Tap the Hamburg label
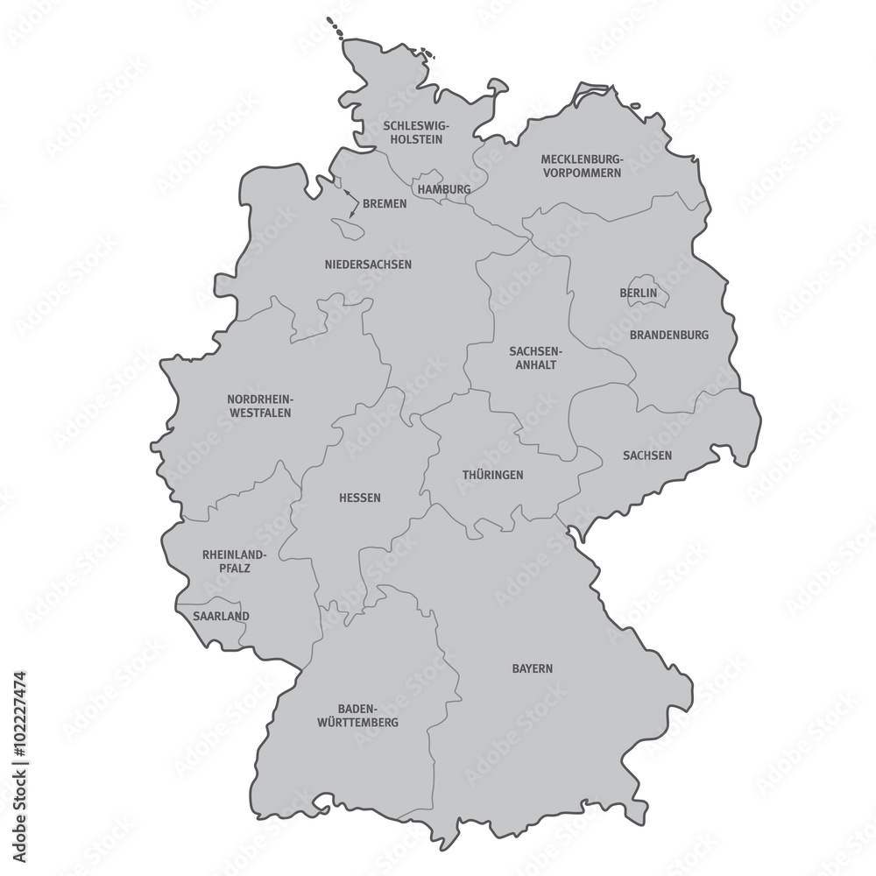tap(444, 189)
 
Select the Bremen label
tap(385, 204)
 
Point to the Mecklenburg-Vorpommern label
tap(581, 166)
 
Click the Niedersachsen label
tap(368, 265)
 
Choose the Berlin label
tap(638, 293)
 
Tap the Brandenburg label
tap(669, 335)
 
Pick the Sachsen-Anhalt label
tap(533, 358)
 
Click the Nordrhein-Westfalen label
tap(259, 406)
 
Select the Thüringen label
tap(492, 475)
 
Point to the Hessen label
tap(360, 498)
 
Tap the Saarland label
tap(221, 616)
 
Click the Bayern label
tap(533, 668)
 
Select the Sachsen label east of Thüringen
tap(647, 456)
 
